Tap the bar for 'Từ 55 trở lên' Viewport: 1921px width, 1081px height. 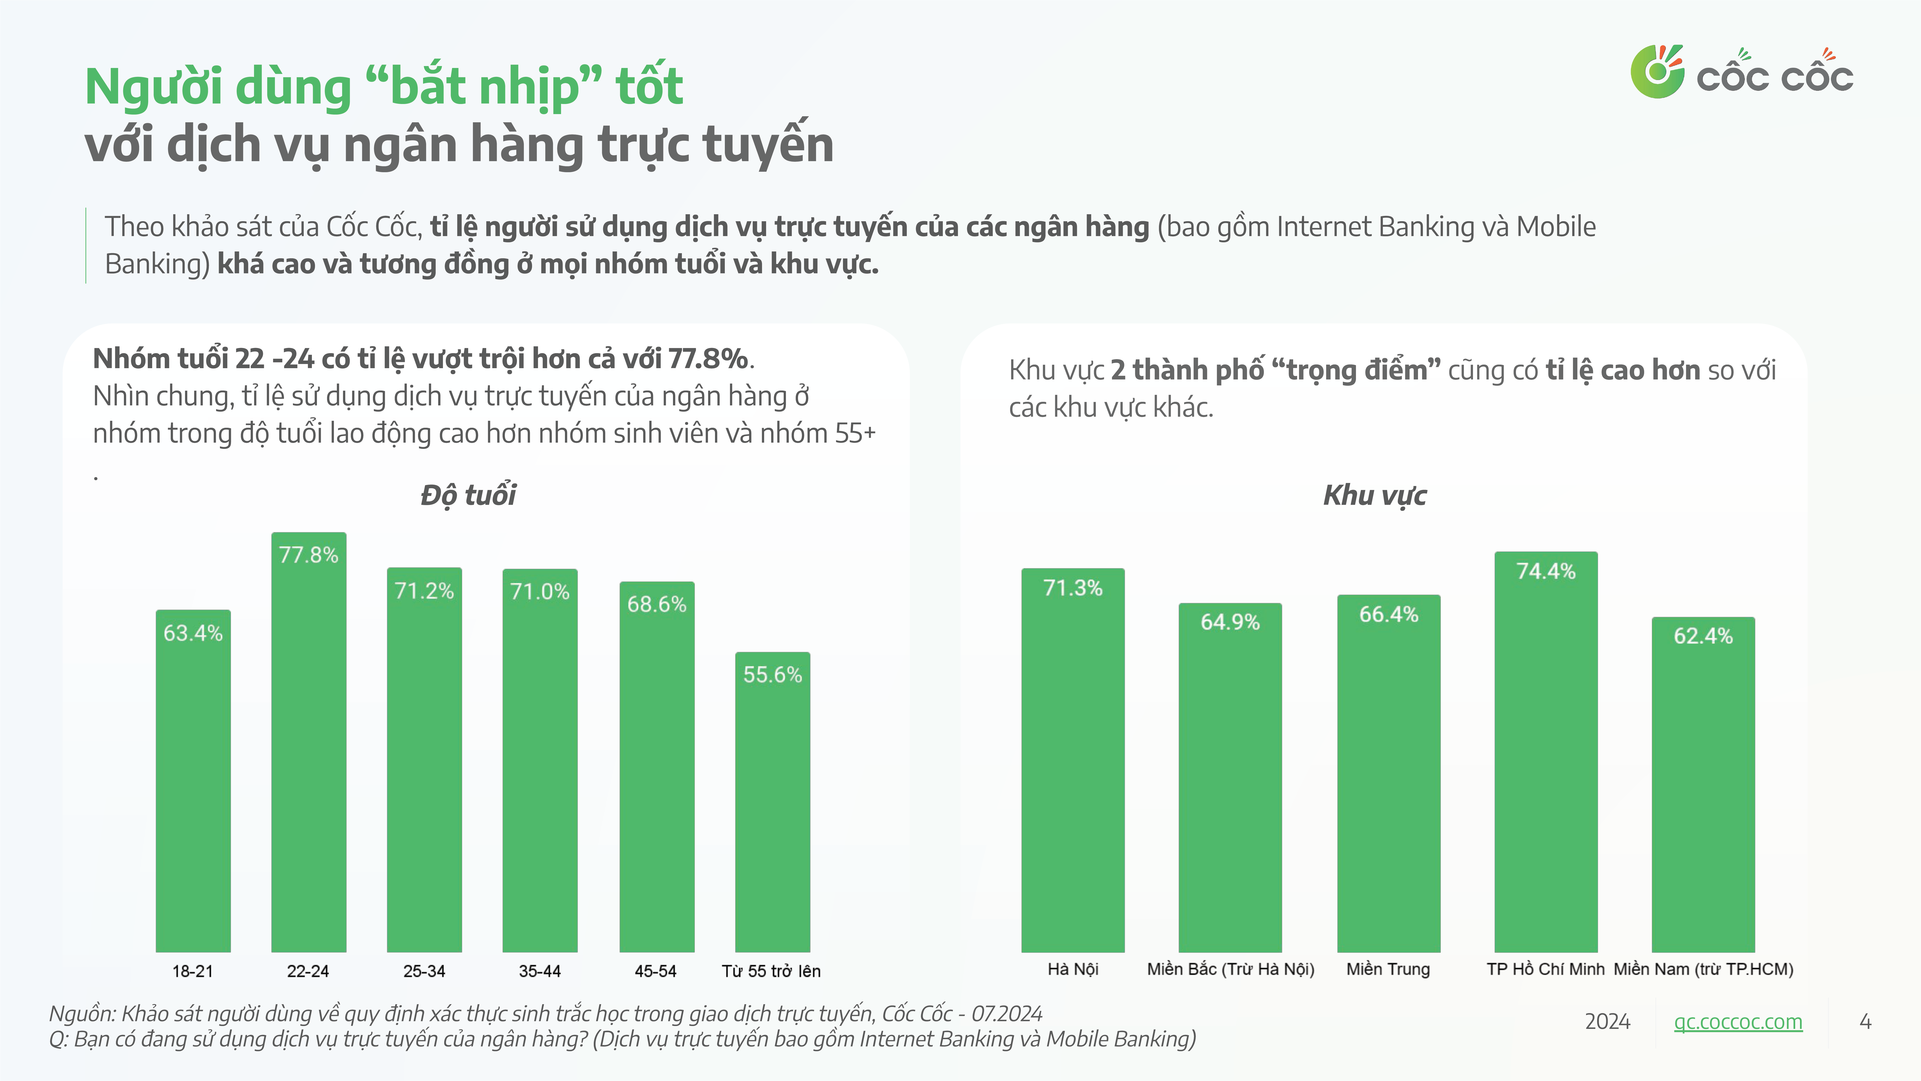[x=773, y=802]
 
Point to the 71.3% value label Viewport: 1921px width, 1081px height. [x=1072, y=588]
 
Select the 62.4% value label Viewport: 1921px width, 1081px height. [x=1703, y=636]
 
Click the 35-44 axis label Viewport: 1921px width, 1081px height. [x=540, y=971]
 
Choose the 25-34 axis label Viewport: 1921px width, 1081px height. [x=424, y=971]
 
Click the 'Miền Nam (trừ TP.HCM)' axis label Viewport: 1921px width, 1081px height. [x=1703, y=969]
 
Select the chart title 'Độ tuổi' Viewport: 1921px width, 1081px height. [x=468, y=495]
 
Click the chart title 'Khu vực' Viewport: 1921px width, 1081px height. [x=1375, y=495]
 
